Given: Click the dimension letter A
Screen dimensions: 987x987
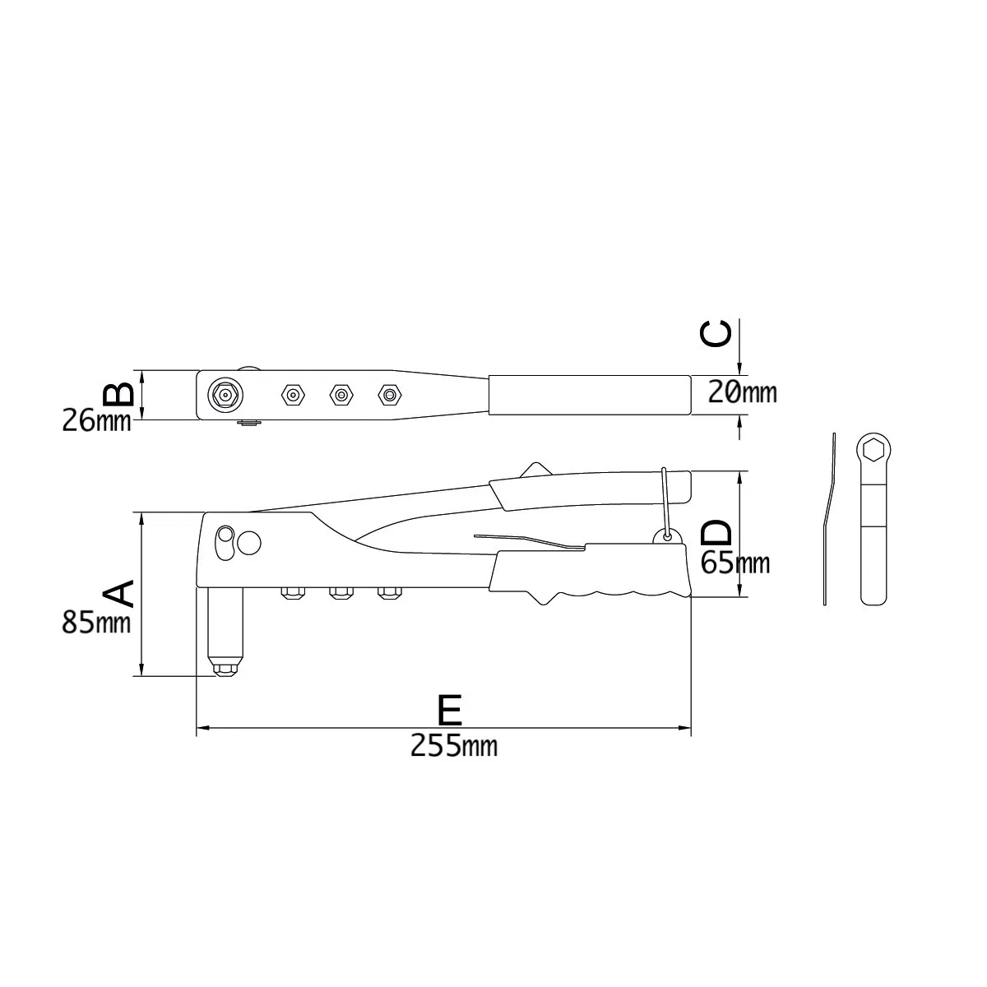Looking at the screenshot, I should [117, 592].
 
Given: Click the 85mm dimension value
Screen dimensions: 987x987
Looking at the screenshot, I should [96, 623].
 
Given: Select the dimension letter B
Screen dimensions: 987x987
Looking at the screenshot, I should [119, 393].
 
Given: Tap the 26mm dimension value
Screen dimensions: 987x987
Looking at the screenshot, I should [96, 421].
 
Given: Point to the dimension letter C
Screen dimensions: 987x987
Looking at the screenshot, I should [716, 333].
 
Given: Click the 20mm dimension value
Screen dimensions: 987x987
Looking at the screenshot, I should [742, 392].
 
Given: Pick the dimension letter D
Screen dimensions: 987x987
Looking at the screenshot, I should [716, 532].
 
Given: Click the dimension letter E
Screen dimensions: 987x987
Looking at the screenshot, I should [450, 709].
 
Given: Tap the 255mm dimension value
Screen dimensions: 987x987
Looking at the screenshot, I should [453, 746].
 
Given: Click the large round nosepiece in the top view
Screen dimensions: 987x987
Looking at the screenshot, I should [223, 396].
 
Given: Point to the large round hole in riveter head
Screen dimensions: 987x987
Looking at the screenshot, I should [248, 543].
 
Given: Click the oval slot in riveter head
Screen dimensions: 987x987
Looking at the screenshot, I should [223, 544].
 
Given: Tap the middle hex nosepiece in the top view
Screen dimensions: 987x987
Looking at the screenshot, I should [340, 396].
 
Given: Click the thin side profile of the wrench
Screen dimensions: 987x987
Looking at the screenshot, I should [828, 518].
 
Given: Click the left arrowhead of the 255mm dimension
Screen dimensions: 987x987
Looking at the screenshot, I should [202, 729].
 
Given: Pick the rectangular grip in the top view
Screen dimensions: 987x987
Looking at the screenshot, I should [589, 396].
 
